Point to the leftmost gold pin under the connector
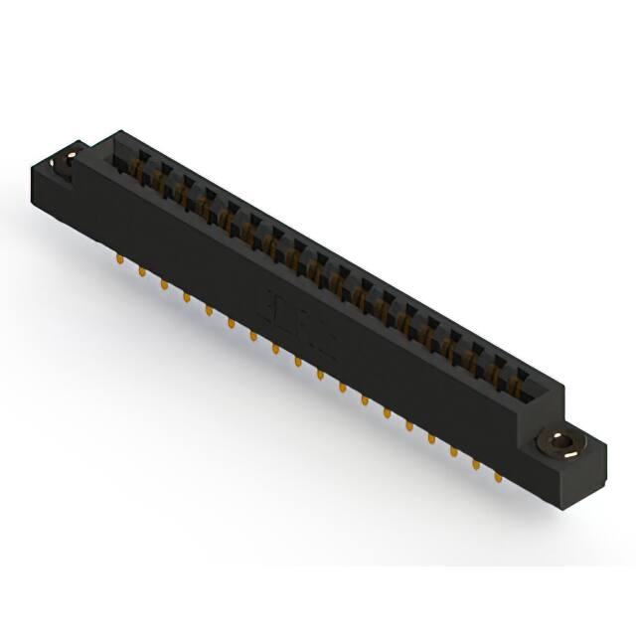tap(120, 260)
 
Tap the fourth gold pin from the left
tap(187, 296)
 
